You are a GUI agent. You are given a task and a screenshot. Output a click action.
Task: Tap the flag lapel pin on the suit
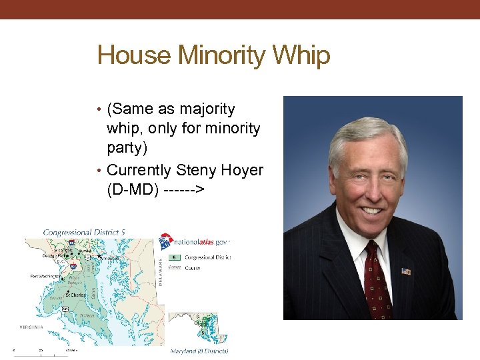[406, 271]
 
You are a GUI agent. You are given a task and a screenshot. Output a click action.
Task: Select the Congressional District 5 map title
[84, 233]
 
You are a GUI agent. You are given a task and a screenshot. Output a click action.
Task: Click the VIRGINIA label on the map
[31, 327]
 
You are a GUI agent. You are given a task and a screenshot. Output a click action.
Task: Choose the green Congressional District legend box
[175, 257]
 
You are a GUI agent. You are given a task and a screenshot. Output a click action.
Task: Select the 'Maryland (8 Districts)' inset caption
[199, 350]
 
